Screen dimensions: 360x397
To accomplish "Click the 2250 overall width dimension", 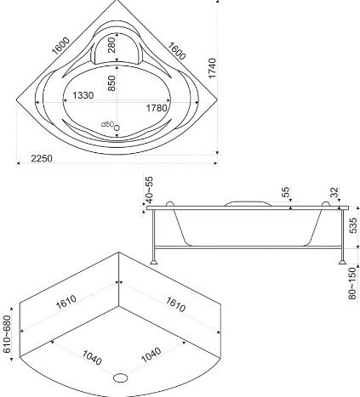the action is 42,158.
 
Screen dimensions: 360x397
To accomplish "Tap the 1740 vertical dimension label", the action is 212,68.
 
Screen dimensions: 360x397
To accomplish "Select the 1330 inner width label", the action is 83,95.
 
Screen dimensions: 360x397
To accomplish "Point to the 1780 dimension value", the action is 157,108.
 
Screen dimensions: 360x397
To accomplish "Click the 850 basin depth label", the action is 112,83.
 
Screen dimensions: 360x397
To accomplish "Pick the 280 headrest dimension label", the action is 111,45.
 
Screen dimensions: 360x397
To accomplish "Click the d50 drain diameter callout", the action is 107,124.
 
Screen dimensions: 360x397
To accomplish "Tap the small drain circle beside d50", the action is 117,128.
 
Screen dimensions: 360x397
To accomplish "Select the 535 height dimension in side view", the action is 353,225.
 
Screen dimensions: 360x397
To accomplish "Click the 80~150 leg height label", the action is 352,283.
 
